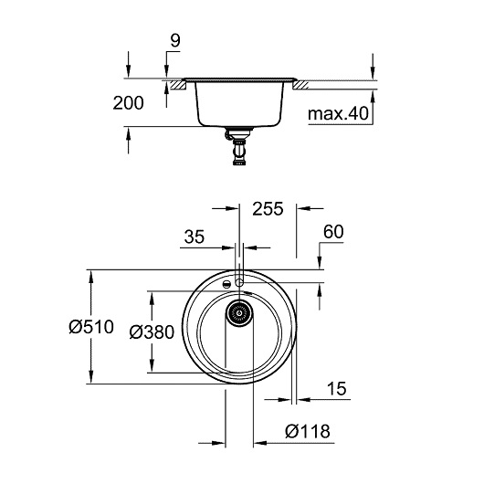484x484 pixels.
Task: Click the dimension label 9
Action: click(175, 40)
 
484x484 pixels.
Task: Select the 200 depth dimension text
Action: click(128, 103)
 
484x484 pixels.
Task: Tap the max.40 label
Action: click(338, 113)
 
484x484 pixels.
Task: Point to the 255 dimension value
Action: click(268, 208)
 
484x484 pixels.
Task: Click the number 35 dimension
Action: click(195, 237)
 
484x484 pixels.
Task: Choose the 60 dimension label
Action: click(333, 232)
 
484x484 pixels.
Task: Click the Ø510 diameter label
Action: click(91, 327)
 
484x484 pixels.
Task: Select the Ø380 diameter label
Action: click(152, 332)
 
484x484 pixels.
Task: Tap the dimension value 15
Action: click(336, 389)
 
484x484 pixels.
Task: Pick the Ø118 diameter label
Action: click(308, 431)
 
